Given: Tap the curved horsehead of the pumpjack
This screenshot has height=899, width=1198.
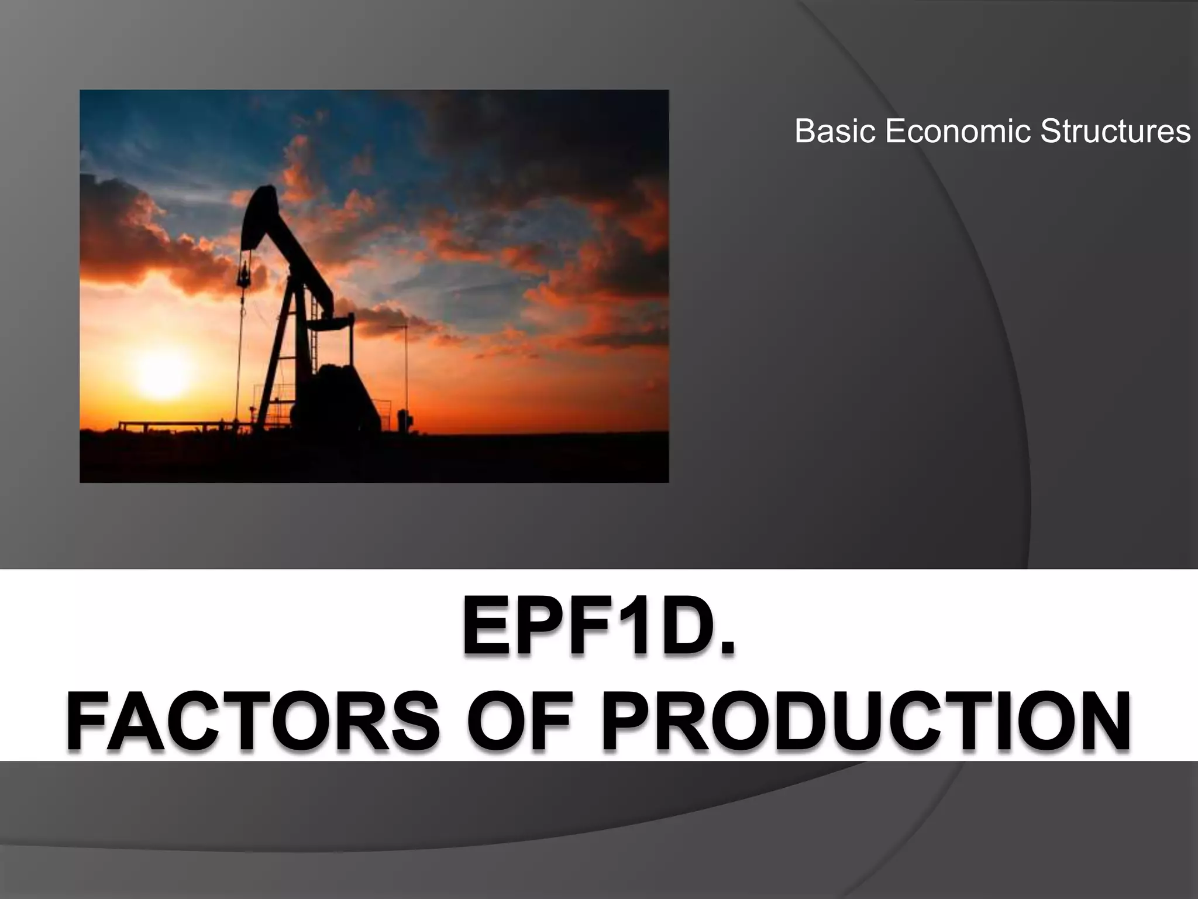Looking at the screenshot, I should pyautogui.click(x=257, y=217).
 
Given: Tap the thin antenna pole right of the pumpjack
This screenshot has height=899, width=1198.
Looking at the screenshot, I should pyautogui.click(x=407, y=375).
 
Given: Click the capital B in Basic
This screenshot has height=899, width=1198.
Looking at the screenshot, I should pyautogui.click(x=804, y=131).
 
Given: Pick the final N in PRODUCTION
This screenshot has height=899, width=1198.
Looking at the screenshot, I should pyautogui.click(x=1100, y=721).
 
